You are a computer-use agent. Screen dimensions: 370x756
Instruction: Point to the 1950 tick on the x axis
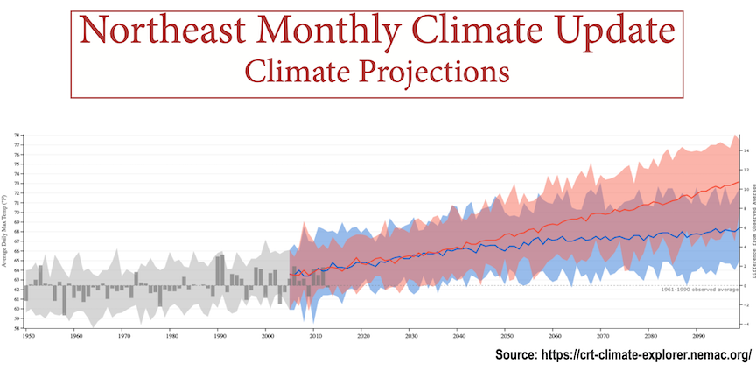[x=28, y=335]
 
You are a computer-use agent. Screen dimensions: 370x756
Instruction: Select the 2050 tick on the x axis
[x=507, y=335]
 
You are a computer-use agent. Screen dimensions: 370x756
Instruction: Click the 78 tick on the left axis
[x=17, y=136]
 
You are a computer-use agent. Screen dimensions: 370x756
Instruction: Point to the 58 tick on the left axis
[x=17, y=327]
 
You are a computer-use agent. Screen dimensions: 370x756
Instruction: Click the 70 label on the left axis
[x=17, y=213]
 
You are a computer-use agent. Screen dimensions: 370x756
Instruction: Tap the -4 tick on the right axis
[x=745, y=323]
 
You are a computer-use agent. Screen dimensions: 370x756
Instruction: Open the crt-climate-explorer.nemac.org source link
[x=623, y=354]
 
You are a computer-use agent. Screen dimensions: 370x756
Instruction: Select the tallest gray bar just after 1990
[x=221, y=270]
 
